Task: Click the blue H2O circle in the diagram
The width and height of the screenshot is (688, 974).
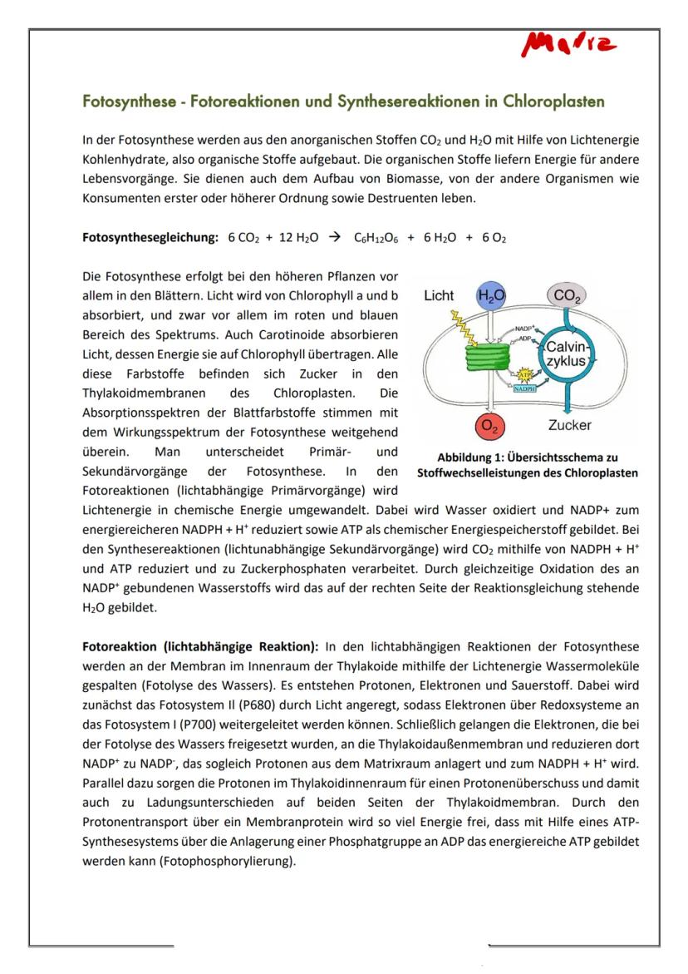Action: [x=491, y=295]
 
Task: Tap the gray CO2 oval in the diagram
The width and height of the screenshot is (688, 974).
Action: [x=568, y=297]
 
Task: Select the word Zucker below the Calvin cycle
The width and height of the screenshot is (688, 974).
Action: [x=570, y=426]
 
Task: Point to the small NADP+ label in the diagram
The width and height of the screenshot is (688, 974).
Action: [x=523, y=329]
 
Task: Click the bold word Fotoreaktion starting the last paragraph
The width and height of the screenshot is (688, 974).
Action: [x=120, y=646]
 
